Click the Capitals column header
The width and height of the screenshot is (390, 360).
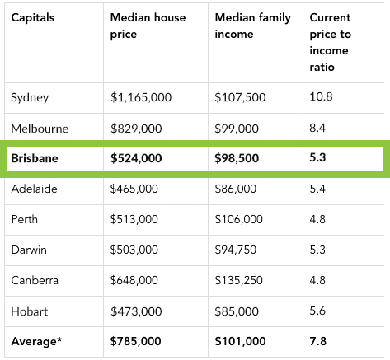click(33, 18)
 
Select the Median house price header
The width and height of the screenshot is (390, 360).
click(148, 26)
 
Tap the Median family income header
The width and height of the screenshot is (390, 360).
click(252, 26)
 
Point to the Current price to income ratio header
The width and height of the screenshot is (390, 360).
click(330, 42)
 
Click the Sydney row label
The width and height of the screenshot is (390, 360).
click(30, 98)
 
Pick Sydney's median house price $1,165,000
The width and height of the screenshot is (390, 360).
click(141, 97)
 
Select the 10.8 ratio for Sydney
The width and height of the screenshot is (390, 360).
click(321, 96)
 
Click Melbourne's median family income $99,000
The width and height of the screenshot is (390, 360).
click(237, 129)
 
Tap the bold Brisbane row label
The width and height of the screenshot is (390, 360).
click(35, 158)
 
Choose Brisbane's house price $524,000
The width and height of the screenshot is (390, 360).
click(136, 158)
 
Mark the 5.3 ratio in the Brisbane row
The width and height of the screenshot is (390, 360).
click(317, 157)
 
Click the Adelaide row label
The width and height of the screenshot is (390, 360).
click(34, 189)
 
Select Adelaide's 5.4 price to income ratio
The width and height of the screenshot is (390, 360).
click(317, 189)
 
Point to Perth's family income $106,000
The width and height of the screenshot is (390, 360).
click(238, 219)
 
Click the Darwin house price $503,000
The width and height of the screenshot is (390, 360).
click(134, 250)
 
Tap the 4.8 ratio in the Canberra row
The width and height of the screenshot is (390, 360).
click(317, 280)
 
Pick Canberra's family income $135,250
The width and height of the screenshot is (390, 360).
click(238, 280)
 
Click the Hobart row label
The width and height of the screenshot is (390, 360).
click(30, 311)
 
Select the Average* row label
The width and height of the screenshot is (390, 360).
click(36, 341)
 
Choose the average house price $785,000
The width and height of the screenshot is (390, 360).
click(135, 341)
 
